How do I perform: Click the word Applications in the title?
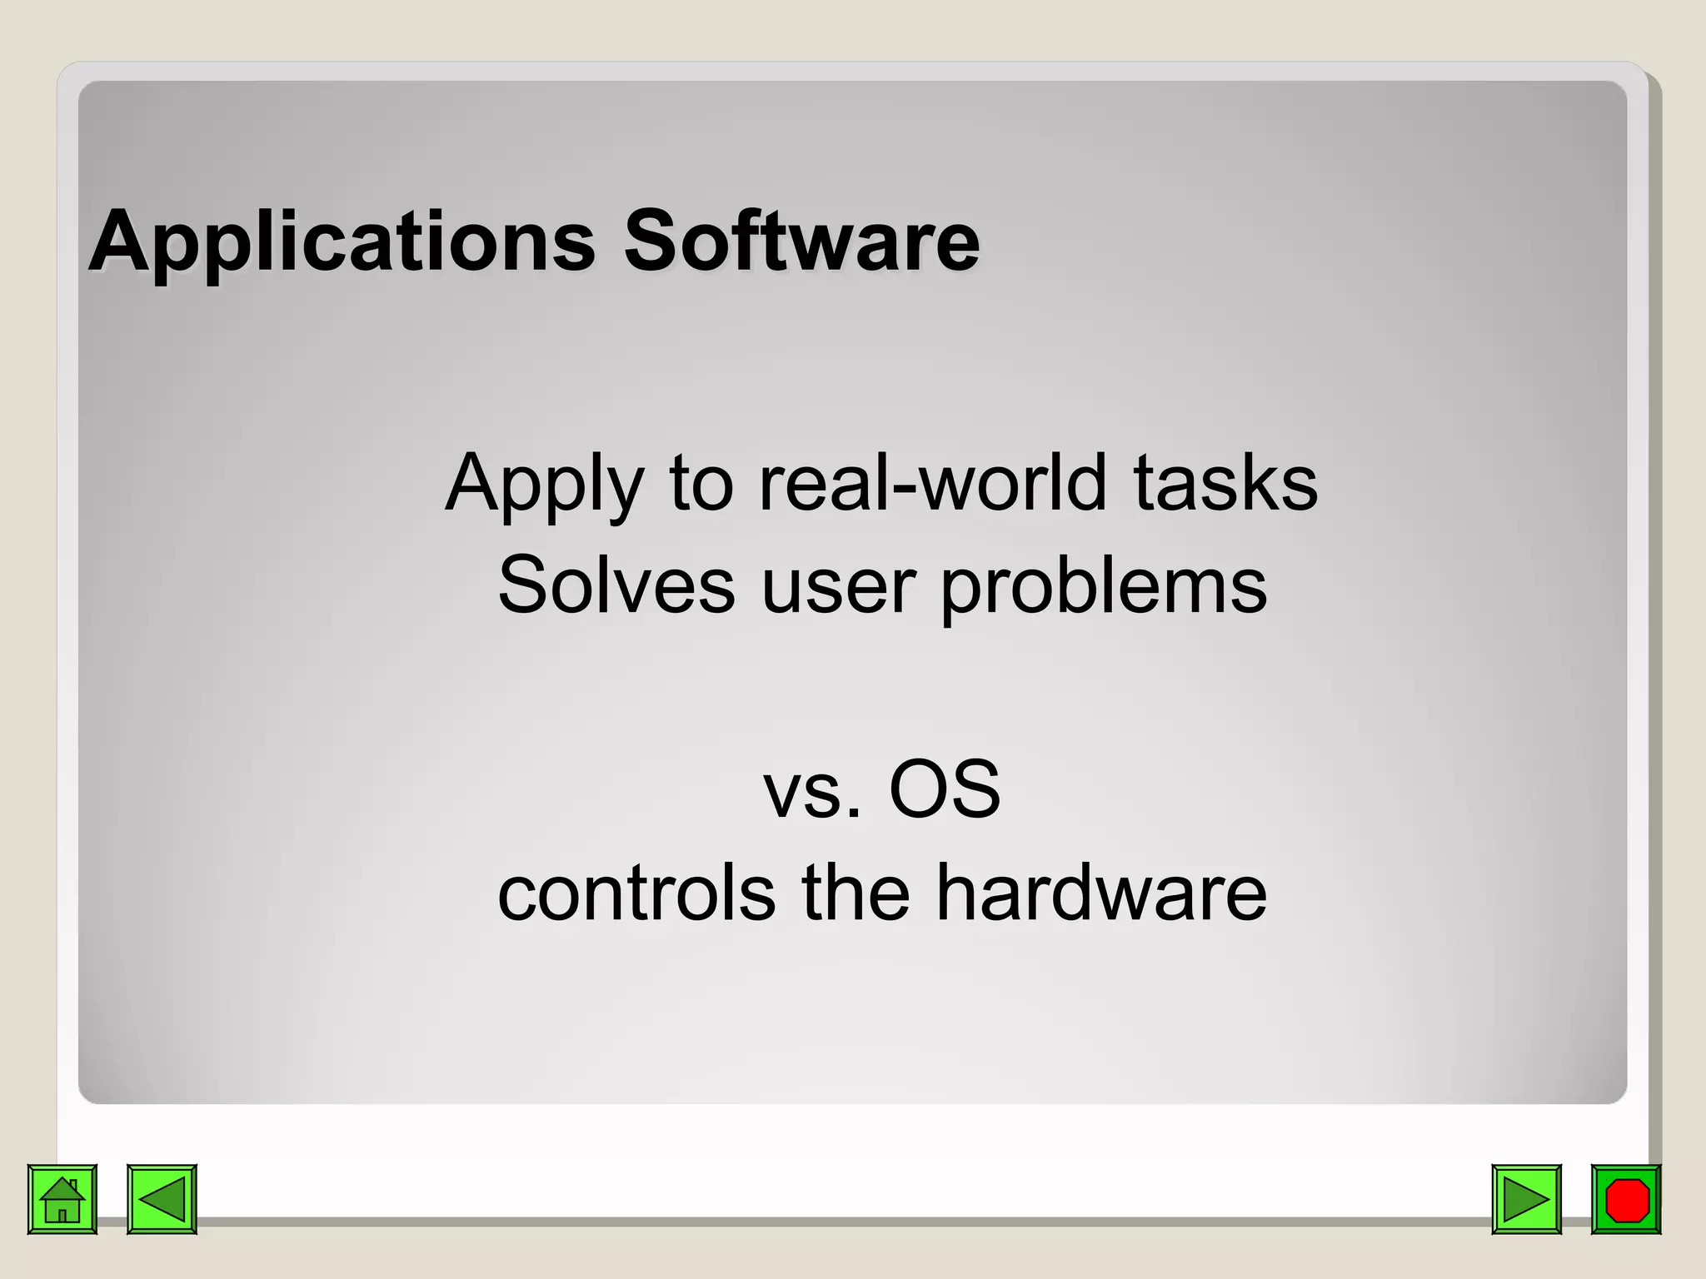click(342, 243)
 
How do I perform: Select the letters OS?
click(945, 789)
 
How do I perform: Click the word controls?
click(636, 893)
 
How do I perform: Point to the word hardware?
click(1100, 892)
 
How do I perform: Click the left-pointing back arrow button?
click(162, 1199)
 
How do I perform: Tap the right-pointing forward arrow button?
click(1526, 1199)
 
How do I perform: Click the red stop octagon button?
click(1626, 1199)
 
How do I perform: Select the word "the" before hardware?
click(855, 892)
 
